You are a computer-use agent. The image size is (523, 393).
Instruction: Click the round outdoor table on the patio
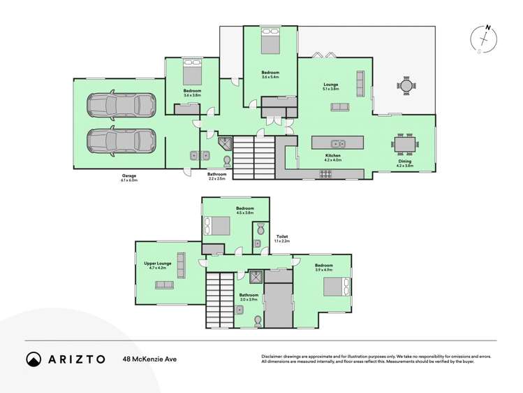point(406,85)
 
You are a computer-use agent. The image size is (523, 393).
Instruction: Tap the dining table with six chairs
point(406,145)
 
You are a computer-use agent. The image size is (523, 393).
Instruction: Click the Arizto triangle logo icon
point(34,359)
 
